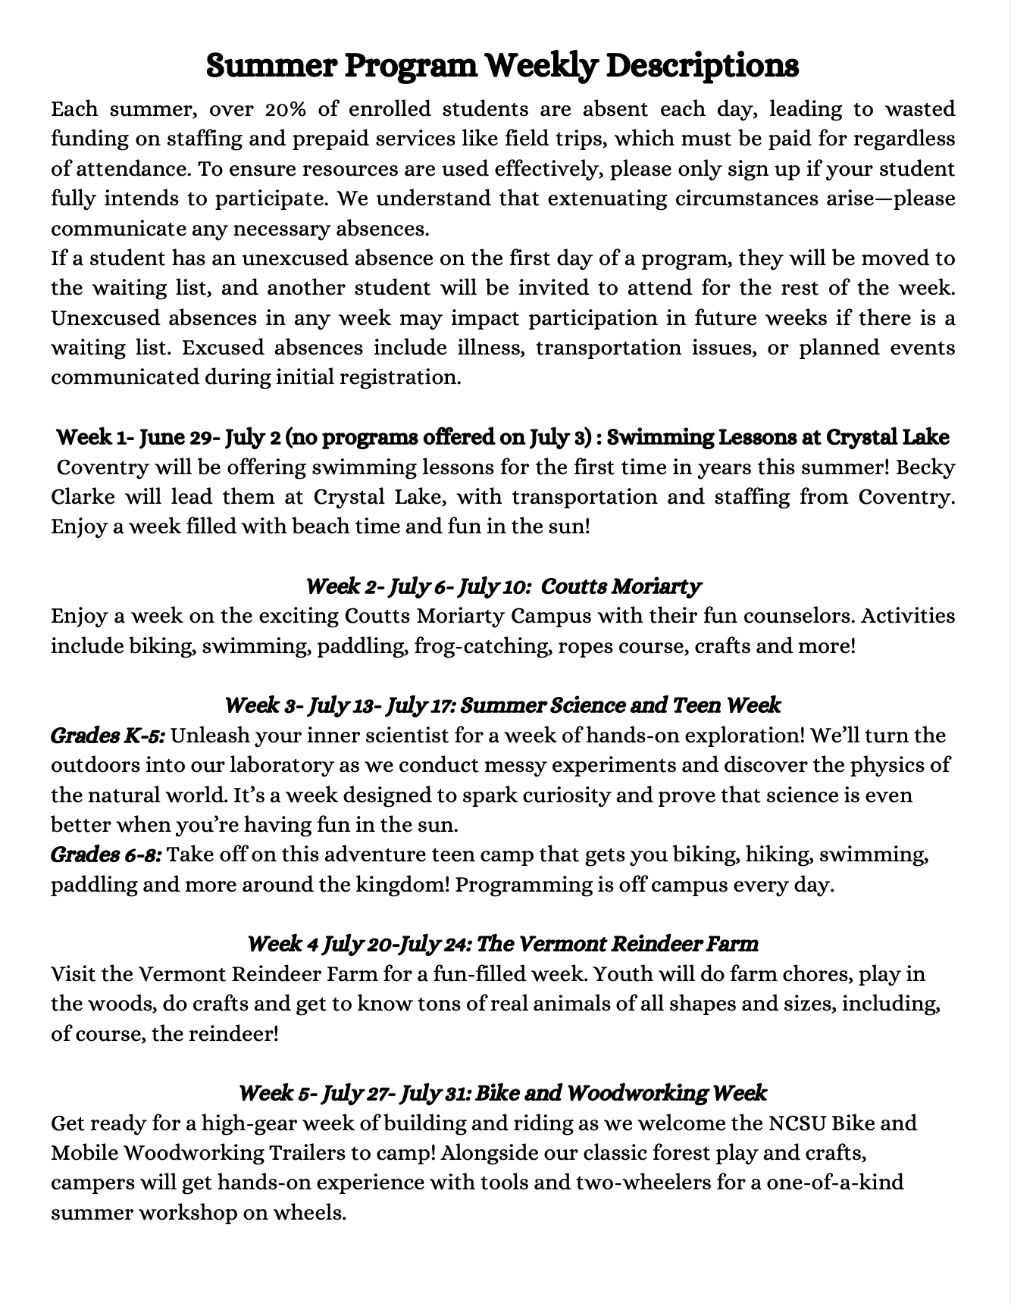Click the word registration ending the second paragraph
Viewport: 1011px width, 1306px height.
pos(399,377)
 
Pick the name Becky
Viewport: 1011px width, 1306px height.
pos(926,467)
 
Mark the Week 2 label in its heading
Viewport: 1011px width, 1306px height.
pos(338,586)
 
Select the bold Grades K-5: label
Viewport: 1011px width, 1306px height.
pos(108,736)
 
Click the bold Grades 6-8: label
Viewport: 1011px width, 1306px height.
pos(106,855)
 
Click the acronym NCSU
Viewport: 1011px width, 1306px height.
pos(797,1123)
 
